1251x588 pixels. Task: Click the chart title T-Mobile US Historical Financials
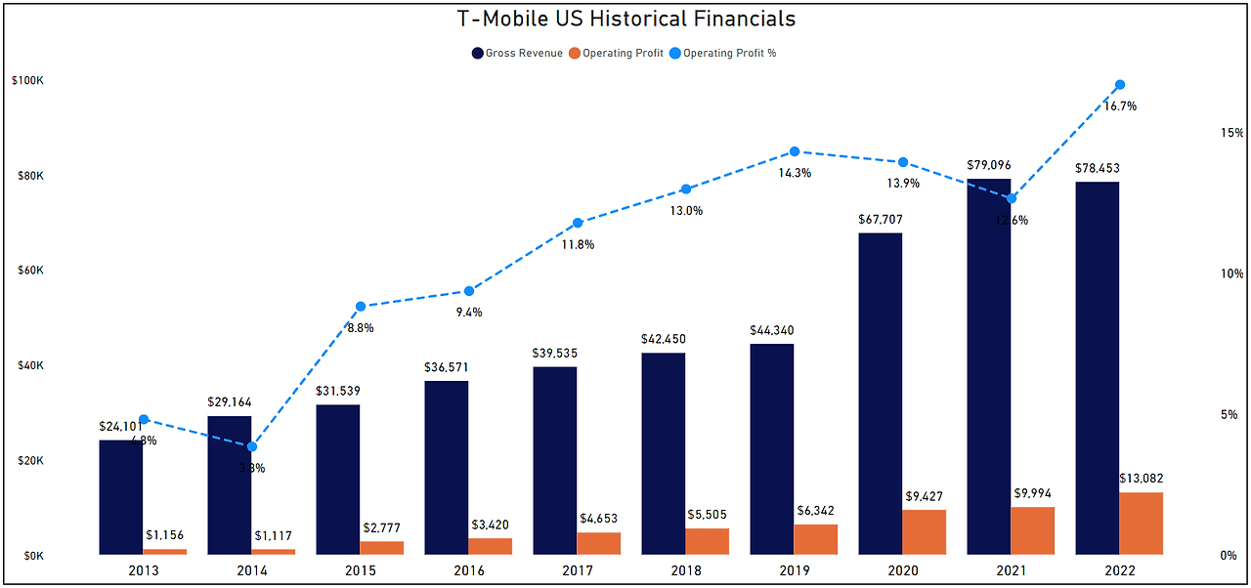pos(625,19)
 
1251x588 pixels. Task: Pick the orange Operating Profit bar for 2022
pos(1141,524)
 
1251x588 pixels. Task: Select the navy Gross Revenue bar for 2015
pos(337,480)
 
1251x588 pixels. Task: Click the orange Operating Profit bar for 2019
pos(815,539)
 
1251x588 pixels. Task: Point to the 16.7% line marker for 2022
pos(1120,85)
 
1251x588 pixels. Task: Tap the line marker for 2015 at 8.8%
pos(360,307)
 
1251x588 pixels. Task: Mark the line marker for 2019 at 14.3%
pos(795,151)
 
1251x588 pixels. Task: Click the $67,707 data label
pos(881,220)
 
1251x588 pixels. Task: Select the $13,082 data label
pos(1141,479)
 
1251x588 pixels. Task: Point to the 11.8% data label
pos(577,244)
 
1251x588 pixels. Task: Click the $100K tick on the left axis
pos(26,81)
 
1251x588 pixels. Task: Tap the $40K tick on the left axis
pos(29,365)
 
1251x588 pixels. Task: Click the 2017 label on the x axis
pos(577,570)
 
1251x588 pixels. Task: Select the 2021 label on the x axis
pos(1012,570)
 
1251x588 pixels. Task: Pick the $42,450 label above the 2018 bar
pos(664,339)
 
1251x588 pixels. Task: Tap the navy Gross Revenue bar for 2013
pos(120,497)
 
